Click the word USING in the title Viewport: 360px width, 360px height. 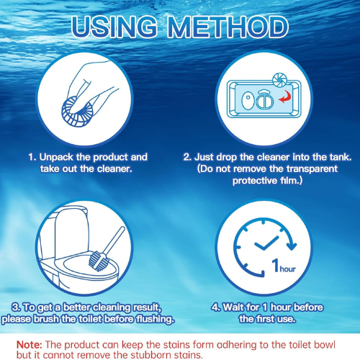[114, 27]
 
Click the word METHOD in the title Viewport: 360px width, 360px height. [228, 27]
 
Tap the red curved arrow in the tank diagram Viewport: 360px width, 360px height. [285, 97]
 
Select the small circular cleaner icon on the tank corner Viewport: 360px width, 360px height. [279, 80]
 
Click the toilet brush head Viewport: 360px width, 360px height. [98, 261]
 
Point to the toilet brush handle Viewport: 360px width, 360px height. [114, 240]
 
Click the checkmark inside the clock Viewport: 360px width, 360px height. [266, 243]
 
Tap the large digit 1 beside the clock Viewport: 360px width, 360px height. [276, 265]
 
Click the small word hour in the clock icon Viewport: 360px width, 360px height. [287, 269]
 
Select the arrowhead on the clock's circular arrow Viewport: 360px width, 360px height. [292, 246]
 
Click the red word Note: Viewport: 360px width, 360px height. [30, 345]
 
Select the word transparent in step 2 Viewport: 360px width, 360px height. [312, 169]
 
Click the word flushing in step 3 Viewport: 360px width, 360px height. [155, 319]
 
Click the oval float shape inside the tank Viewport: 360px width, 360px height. [248, 101]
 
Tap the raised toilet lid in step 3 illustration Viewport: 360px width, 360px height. [70, 228]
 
